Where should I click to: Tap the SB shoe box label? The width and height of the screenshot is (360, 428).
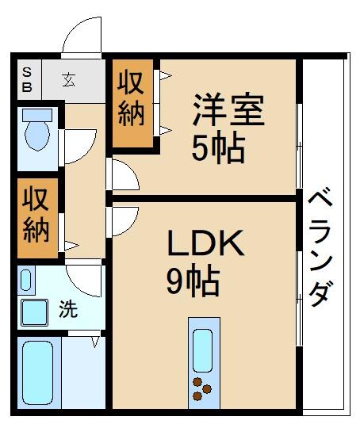point(26,78)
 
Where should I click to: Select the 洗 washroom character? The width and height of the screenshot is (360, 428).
point(69,309)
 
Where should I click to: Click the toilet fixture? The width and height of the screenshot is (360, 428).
point(36,131)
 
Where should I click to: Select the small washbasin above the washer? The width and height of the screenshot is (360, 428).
point(26,280)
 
